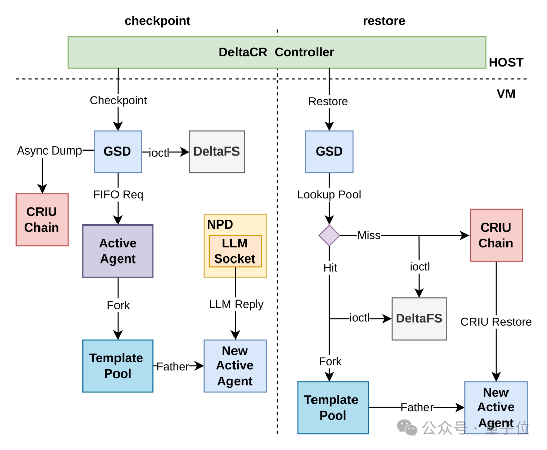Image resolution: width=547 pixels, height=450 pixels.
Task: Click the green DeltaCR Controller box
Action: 277,52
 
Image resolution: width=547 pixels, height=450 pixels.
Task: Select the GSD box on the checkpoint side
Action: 118,152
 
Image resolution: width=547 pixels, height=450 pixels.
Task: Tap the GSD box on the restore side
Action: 329,152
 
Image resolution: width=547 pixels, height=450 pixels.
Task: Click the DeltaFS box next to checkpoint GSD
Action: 217,152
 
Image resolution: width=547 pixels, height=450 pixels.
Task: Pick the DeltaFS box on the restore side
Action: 419,319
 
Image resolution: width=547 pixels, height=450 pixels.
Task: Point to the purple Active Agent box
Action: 118,251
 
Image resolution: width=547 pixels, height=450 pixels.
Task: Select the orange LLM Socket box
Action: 235,251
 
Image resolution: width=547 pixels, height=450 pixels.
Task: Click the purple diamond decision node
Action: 329,235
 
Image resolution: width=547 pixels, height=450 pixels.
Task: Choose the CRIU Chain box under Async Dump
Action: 42,219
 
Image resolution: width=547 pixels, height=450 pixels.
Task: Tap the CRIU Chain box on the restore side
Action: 496,235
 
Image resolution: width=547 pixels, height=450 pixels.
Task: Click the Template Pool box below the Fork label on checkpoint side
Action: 118,366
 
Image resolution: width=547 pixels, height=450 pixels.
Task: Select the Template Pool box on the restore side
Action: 333,408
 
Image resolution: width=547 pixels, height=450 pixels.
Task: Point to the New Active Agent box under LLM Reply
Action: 236,366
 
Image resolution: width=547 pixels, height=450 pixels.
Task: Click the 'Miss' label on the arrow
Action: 369,235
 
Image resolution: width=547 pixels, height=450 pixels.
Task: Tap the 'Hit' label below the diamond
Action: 330,268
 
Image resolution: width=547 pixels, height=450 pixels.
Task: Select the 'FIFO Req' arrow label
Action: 118,195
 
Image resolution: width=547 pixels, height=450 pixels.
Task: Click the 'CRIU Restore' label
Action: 496,322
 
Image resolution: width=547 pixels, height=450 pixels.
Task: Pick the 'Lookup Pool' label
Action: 329,195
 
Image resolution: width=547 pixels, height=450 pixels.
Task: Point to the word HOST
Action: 506,62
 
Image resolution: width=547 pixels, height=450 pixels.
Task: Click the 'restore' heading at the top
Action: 384,21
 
